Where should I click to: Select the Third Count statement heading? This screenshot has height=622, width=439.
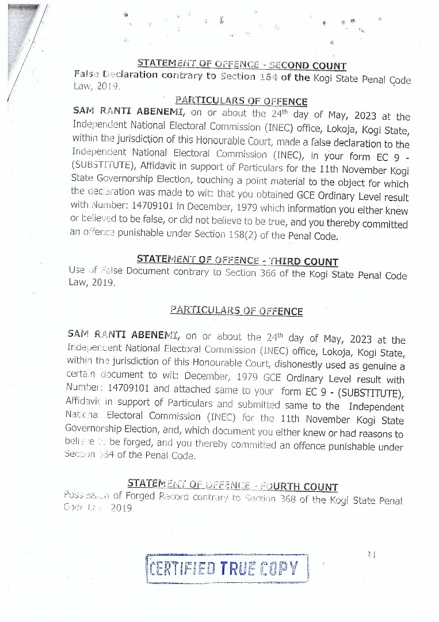238,261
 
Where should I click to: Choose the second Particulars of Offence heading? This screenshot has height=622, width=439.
236,311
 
